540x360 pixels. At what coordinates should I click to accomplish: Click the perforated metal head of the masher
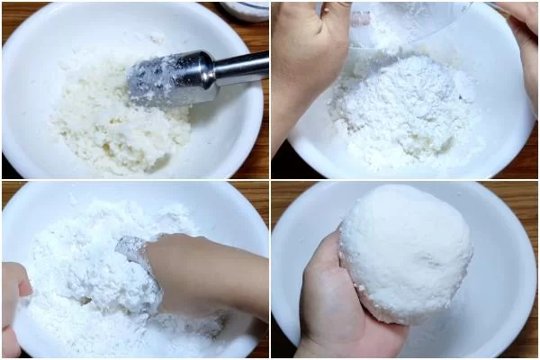(x=166, y=79)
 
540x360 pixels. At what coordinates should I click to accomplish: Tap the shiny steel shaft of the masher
(x=241, y=68)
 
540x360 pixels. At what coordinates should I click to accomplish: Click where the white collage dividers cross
(x=270, y=180)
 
